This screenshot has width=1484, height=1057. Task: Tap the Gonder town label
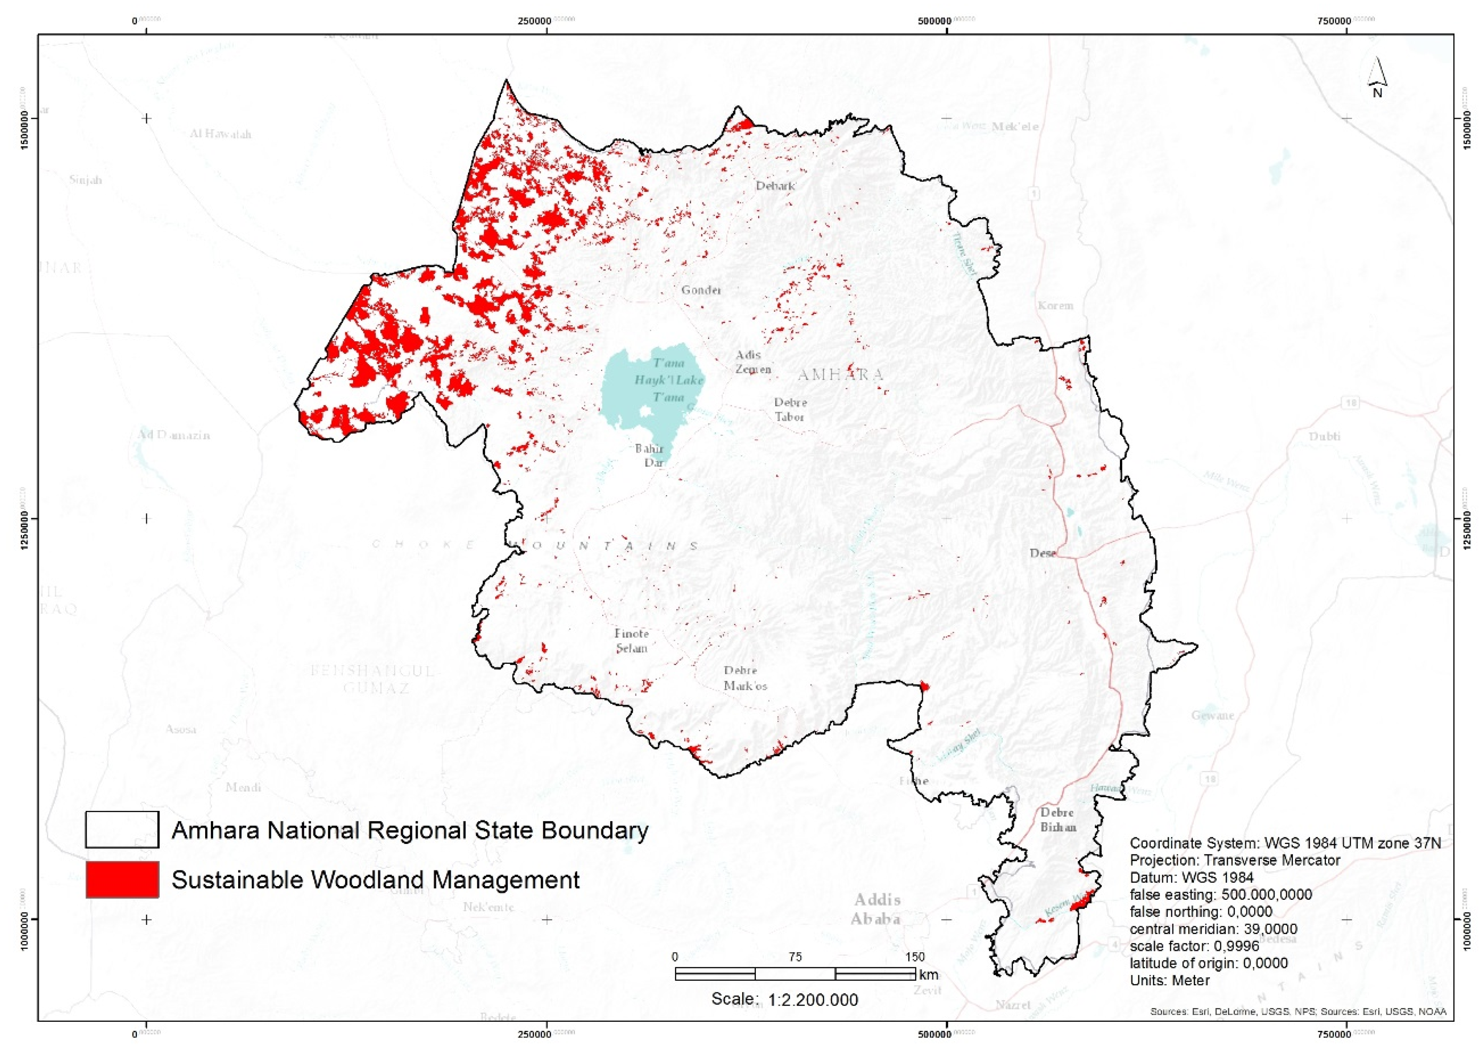point(701,290)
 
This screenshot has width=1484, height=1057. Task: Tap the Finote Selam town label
point(631,641)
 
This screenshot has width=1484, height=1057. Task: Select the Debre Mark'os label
point(744,678)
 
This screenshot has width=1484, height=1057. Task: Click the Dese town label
point(1042,553)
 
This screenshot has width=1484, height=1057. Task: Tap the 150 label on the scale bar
point(914,957)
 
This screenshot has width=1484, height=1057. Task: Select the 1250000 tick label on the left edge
point(24,519)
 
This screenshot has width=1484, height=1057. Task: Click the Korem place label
point(1055,305)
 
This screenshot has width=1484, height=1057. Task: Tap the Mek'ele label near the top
point(1015,126)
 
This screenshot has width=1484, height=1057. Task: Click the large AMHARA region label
point(841,374)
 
